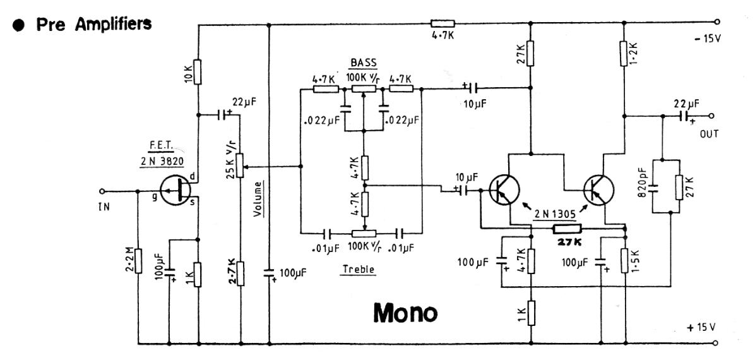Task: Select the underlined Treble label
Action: coord(359,269)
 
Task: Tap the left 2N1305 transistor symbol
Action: coord(503,188)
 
